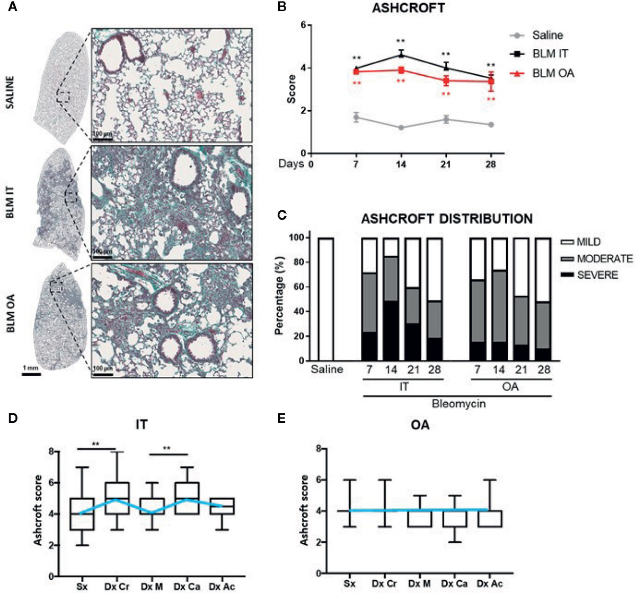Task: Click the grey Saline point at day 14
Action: [x=401, y=128]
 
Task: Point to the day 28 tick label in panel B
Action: [x=491, y=164]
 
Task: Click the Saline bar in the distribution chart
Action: [x=327, y=299]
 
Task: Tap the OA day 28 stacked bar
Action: [x=543, y=299]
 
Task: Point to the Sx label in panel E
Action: [x=349, y=583]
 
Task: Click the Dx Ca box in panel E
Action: [x=455, y=526]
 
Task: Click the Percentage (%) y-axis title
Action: [x=279, y=299]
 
